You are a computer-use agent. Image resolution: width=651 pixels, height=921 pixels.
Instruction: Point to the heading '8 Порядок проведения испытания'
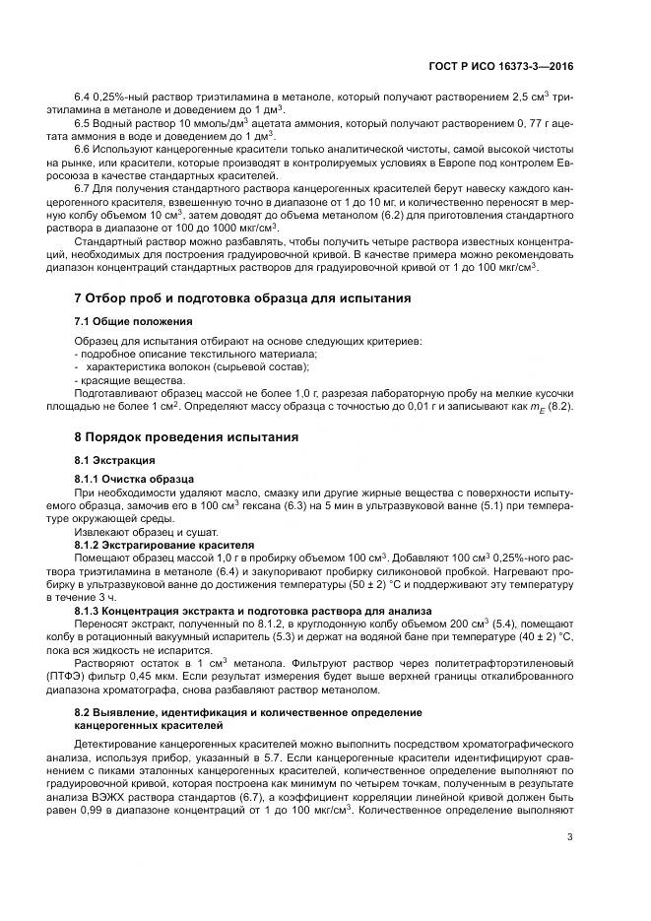(185, 436)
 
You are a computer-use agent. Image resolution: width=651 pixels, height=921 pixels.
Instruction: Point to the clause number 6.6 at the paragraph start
(83, 148)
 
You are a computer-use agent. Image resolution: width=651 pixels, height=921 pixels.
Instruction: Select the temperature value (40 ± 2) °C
(535, 637)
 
